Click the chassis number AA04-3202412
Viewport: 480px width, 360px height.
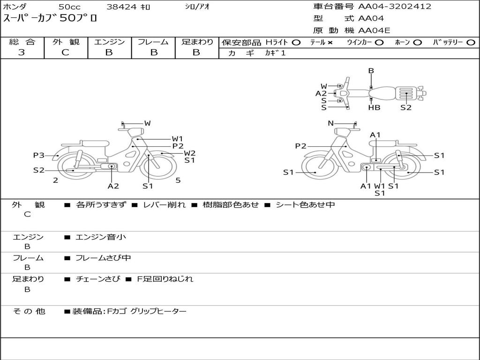click(395, 7)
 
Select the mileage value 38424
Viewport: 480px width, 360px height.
click(121, 7)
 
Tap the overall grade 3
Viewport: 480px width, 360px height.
click(22, 52)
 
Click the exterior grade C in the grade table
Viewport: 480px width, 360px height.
click(66, 52)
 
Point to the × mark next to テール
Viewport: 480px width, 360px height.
click(330, 43)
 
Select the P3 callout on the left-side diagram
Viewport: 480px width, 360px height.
click(39, 155)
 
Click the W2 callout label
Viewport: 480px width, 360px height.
click(189, 153)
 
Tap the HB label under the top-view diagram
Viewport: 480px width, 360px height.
click(374, 107)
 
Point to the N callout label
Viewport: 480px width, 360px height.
click(330, 123)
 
